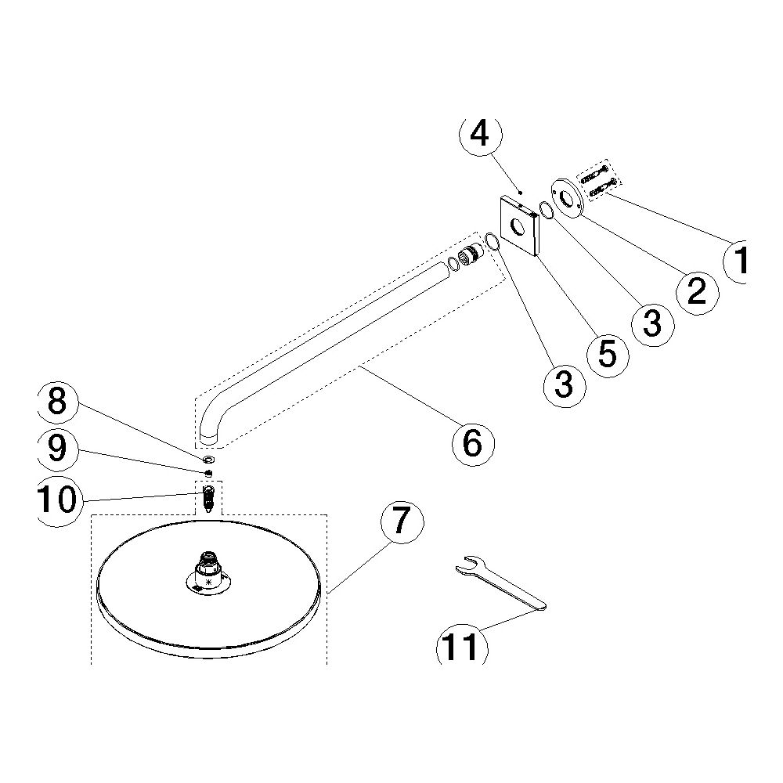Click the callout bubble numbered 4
480,134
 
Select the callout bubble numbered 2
698,293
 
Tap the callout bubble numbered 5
608,355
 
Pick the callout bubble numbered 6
473,444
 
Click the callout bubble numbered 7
402,522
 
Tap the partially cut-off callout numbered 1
736,261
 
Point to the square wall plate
519,226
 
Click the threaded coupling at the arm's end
471,256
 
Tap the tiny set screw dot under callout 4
521,192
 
